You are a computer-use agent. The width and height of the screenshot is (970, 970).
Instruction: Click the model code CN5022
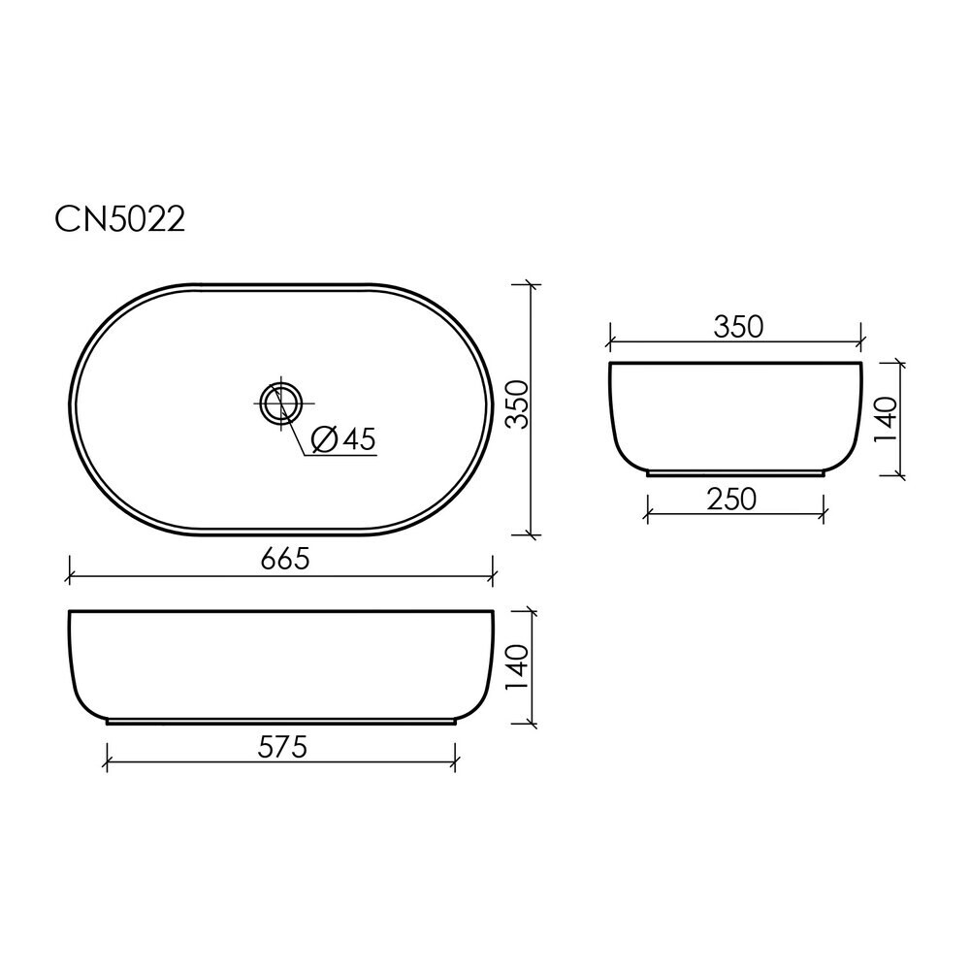[x=120, y=219]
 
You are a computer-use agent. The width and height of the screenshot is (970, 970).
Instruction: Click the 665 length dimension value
[x=284, y=560]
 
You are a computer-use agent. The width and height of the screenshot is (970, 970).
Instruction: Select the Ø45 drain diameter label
[x=343, y=439]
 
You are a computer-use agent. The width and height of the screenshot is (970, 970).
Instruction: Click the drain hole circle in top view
[x=281, y=404]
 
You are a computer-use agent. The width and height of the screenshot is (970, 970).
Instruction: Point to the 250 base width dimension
[x=731, y=500]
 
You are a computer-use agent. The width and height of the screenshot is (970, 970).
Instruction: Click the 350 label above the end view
[x=738, y=327]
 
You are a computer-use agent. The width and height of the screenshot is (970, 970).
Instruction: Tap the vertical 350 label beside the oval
[x=518, y=404]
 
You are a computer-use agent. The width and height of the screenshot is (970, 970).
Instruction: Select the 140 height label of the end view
[x=886, y=419]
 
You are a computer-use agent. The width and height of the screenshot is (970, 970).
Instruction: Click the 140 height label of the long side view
[x=517, y=668]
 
